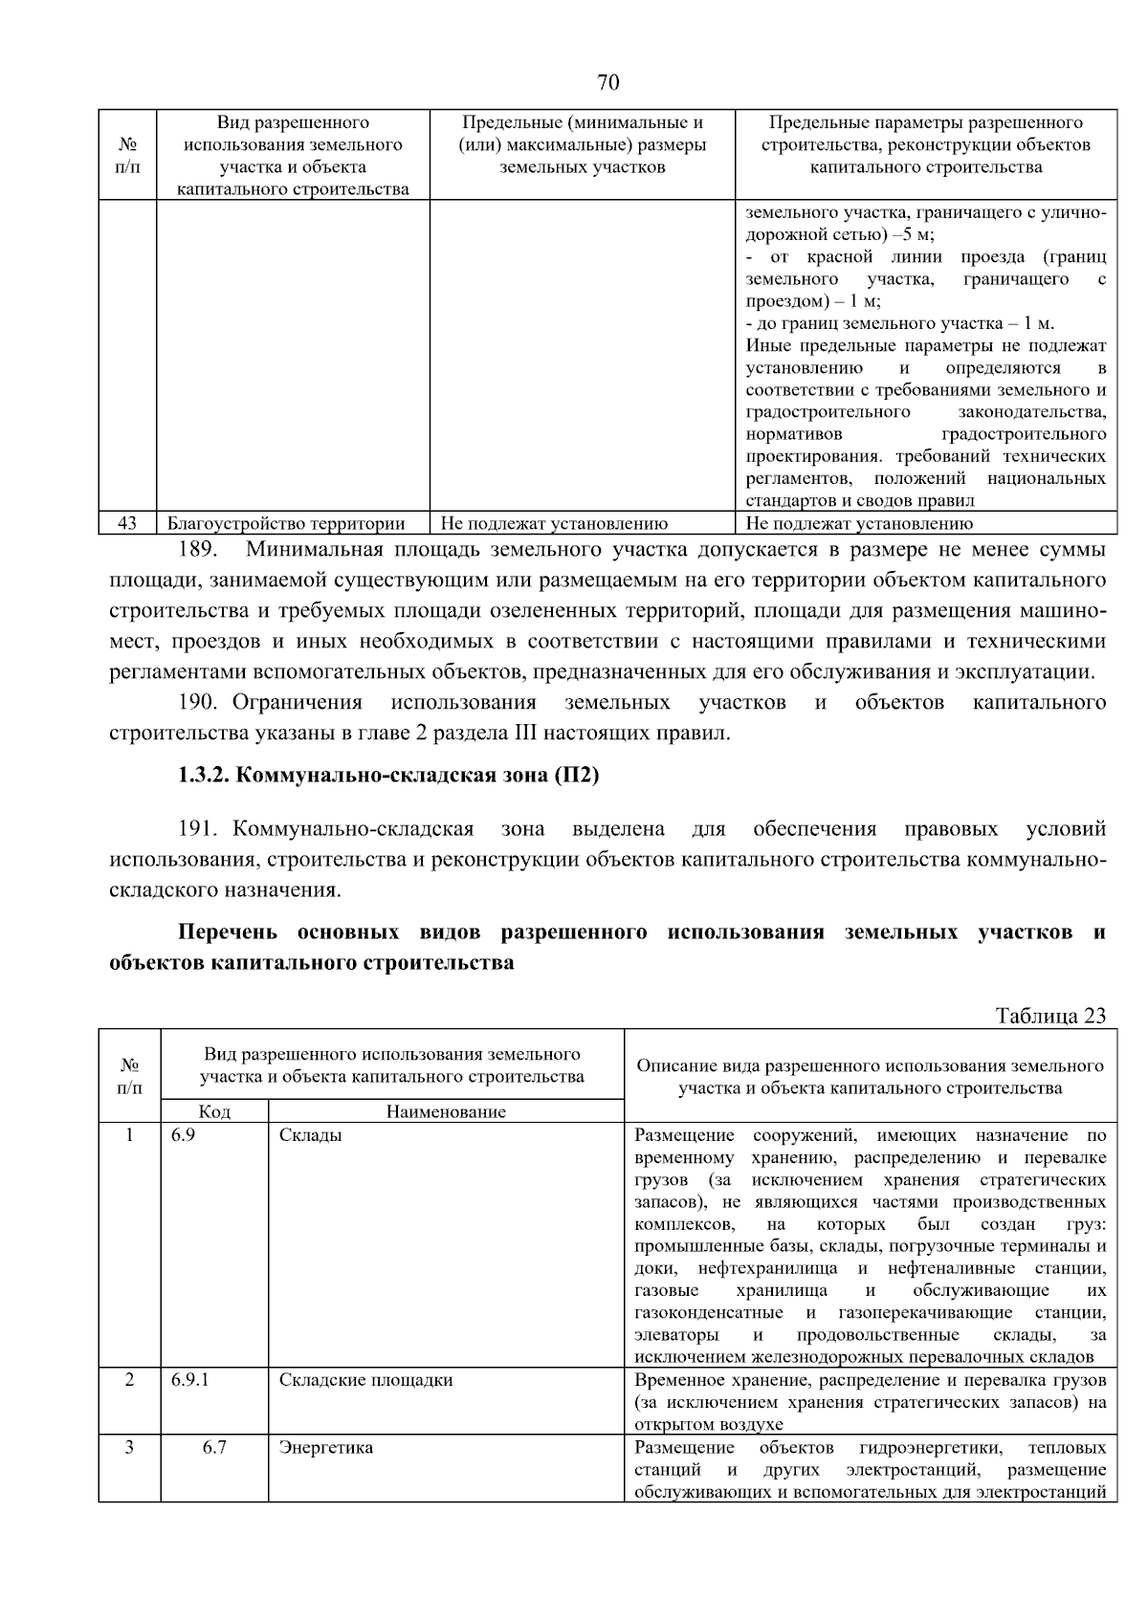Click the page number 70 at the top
(608, 83)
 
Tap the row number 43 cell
(128, 523)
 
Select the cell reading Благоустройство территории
(286, 523)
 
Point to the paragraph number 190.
(200, 703)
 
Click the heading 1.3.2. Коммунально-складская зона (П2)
(387, 776)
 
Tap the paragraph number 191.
(200, 828)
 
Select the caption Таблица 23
(1049, 1016)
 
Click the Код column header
(214, 1111)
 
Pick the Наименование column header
(446, 1111)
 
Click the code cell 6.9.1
(190, 1380)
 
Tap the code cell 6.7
(214, 1447)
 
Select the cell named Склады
(310, 1135)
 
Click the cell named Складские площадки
(365, 1380)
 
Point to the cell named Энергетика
(325, 1447)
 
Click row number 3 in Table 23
(129, 1447)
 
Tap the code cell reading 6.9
(183, 1135)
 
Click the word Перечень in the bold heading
(227, 932)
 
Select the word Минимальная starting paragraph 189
(315, 550)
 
